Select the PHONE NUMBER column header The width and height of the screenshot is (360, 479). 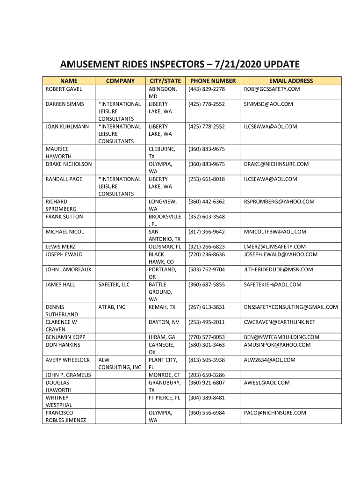click(x=213, y=81)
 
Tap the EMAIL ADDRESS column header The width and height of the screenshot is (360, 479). click(x=290, y=81)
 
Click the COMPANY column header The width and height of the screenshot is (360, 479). click(x=120, y=81)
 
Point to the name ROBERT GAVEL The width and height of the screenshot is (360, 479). click(x=64, y=89)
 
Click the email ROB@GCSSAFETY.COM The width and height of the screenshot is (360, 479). click(x=272, y=89)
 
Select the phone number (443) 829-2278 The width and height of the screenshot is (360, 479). click(x=207, y=89)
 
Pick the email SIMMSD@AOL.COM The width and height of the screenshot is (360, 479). click(x=268, y=104)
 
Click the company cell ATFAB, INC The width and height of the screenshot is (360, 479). click(x=112, y=307)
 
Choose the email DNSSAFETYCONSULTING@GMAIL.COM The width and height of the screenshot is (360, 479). click(x=290, y=307)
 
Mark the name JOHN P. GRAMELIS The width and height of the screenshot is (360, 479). click(x=68, y=375)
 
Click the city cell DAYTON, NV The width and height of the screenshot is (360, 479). click(x=164, y=322)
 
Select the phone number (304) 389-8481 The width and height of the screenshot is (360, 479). click(x=207, y=398)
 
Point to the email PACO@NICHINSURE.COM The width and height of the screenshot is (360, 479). click(x=275, y=413)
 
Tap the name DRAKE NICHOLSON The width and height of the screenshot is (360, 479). click(x=69, y=164)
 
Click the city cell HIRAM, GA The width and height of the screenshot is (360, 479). click(x=162, y=337)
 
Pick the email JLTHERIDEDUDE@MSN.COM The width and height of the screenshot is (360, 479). click(x=278, y=269)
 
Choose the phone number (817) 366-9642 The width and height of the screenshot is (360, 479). click(x=207, y=232)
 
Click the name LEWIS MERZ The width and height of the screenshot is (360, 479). click(x=61, y=247)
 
